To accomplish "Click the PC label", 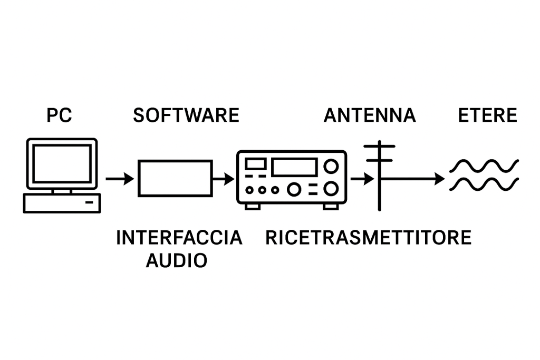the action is point(59,115).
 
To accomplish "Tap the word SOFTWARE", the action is point(186,115).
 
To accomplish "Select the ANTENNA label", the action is point(370,115).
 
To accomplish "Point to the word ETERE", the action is point(487,115).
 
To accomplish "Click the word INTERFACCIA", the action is point(179,238).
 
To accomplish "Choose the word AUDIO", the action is point(176,260).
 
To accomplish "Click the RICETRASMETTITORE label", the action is point(368,238).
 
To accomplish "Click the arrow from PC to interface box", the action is point(120,179).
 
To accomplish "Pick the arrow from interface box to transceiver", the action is point(224,179).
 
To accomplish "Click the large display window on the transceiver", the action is point(294,159).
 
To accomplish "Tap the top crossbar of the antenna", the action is point(380,147).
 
